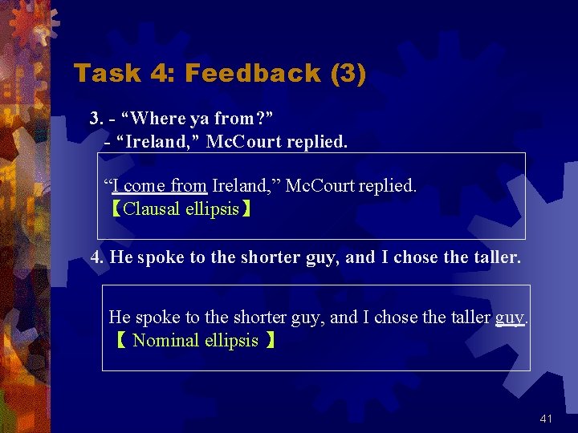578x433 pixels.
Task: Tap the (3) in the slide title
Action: [348, 74]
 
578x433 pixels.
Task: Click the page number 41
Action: [547, 419]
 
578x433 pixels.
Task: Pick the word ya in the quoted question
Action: [199, 119]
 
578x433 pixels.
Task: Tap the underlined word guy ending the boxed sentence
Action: [509, 318]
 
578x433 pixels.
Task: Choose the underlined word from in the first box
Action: [189, 186]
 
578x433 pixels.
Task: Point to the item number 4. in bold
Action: [97, 257]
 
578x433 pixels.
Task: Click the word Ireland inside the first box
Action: [238, 186]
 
